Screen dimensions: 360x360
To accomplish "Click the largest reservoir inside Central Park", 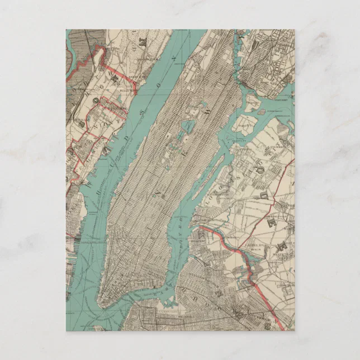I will pos(189,127).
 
